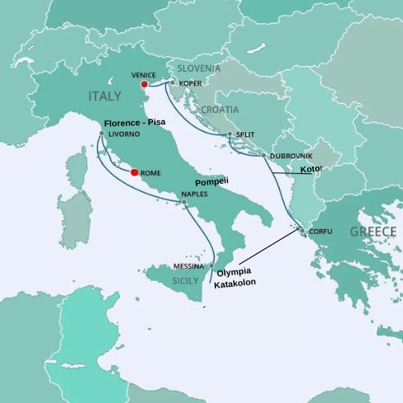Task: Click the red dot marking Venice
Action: pyautogui.click(x=143, y=84)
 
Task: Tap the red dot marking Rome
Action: pyautogui.click(x=134, y=172)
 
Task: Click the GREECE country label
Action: pyautogui.click(x=372, y=232)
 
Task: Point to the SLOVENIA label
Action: pyautogui.click(x=199, y=69)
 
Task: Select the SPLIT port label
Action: pyautogui.click(x=245, y=135)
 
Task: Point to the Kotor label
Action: pyautogui.click(x=311, y=170)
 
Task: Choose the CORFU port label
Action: pyautogui.click(x=320, y=232)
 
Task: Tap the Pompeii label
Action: pyautogui.click(x=212, y=182)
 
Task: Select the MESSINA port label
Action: pyautogui.click(x=190, y=266)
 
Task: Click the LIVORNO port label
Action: pyautogui.click(x=123, y=135)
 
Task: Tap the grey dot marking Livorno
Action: pyautogui.click(x=102, y=134)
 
